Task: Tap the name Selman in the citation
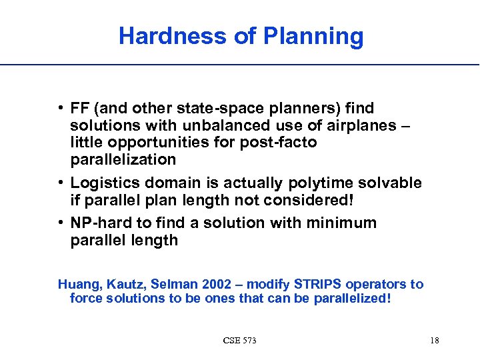[169, 285]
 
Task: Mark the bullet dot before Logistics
[61, 183]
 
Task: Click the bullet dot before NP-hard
[61, 223]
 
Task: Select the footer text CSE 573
[239, 341]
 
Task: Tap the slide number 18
[434, 341]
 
